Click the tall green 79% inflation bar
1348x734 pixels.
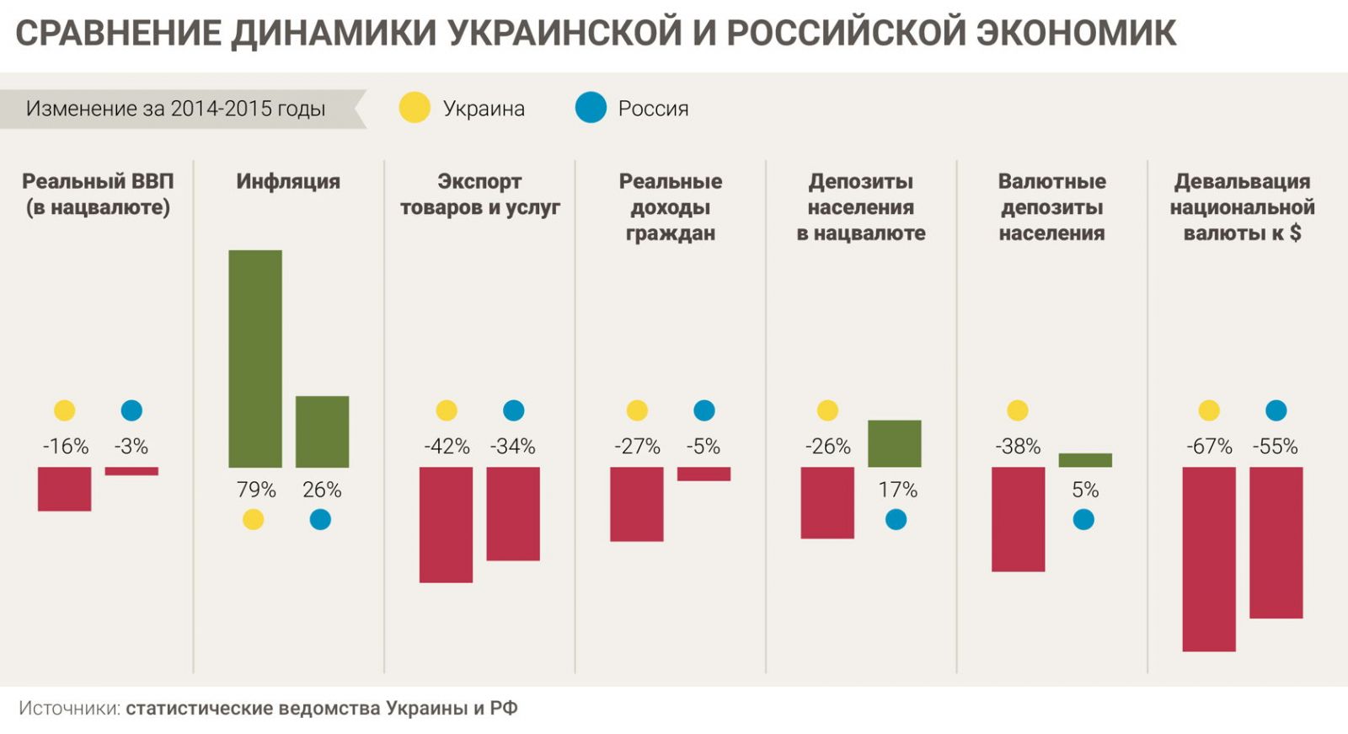point(255,358)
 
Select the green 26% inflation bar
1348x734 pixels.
point(322,431)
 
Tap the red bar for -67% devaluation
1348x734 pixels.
point(1209,559)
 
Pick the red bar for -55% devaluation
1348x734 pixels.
point(1276,543)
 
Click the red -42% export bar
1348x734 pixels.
point(446,524)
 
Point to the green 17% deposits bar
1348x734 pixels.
point(894,443)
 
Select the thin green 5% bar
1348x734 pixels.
point(1085,460)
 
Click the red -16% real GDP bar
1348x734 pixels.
point(64,489)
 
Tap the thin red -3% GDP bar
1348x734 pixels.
point(131,471)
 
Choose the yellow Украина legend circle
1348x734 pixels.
point(415,108)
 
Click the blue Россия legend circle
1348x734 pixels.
point(591,108)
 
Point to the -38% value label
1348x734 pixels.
point(1018,447)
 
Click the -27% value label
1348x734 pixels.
point(637,447)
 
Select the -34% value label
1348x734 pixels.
point(512,447)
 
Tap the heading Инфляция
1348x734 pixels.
point(288,181)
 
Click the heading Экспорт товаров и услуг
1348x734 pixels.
point(479,195)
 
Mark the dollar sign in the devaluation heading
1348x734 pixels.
point(1295,233)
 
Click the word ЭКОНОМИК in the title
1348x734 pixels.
point(1076,33)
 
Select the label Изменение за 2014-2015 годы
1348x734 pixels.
point(175,109)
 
